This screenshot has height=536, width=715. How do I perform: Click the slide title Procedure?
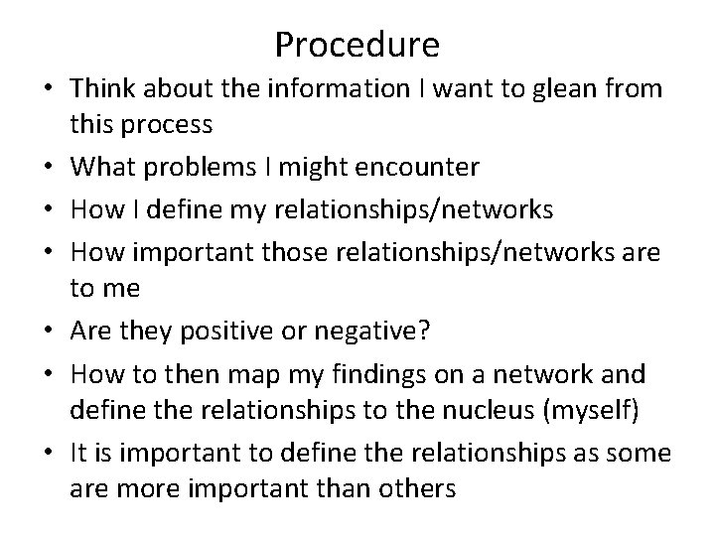(357, 45)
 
